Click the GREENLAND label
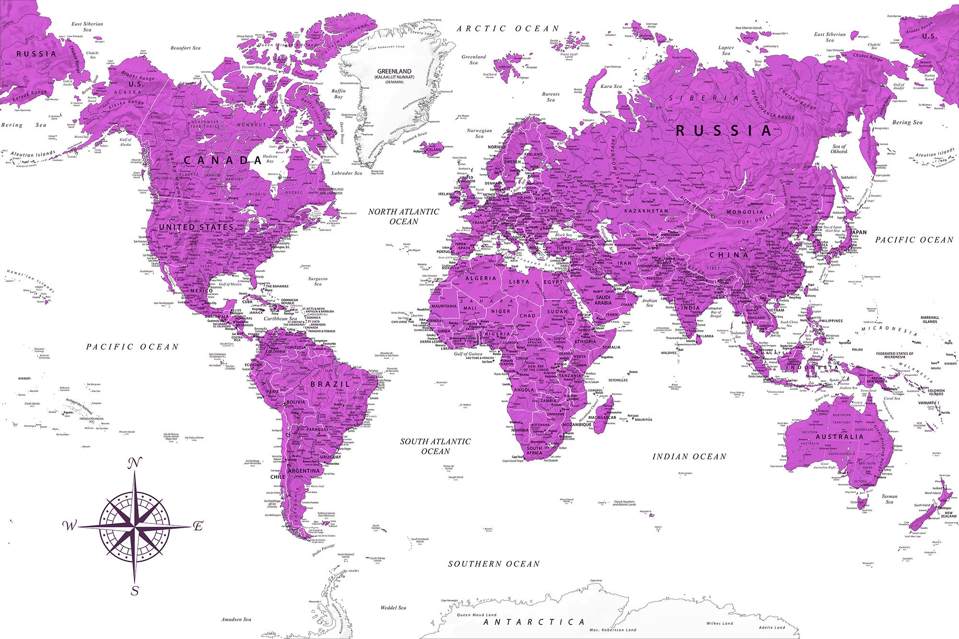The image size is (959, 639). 394,71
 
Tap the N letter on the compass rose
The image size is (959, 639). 135,463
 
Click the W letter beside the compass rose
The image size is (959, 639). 70,526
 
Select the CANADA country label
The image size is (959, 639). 222,160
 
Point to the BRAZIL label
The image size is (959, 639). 330,384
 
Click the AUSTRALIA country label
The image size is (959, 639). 839,437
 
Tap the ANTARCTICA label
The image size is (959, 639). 534,622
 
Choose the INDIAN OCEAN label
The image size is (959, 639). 689,457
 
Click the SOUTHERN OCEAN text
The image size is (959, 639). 493,564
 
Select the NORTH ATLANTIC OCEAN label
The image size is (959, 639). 404,216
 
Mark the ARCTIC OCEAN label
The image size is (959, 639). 508,29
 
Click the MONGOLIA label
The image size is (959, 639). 745,211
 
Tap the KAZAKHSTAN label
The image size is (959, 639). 646,210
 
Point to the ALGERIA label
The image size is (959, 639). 481,278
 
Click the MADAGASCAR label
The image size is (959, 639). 602,418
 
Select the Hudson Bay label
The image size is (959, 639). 270,159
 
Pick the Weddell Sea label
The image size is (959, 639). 393,608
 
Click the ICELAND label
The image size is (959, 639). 433,150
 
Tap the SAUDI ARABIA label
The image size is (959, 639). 603,300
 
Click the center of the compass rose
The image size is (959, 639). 135,526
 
